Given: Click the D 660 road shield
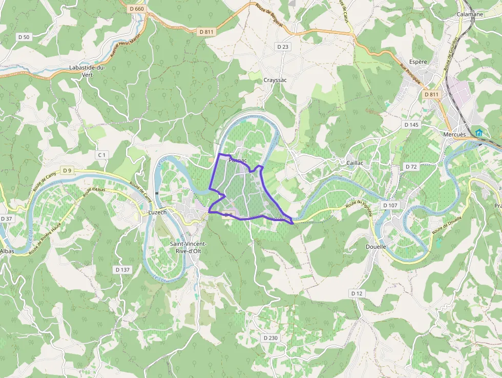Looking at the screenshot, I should click(137, 9).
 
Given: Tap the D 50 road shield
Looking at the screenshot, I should click(24, 37).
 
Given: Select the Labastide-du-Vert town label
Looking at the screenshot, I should click(87, 71).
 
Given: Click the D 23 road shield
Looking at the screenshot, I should click(283, 47).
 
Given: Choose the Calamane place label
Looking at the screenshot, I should click(470, 14).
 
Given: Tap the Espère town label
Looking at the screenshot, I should click(418, 62).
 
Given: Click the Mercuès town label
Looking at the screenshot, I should click(454, 134).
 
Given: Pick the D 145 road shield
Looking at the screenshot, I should click(411, 125).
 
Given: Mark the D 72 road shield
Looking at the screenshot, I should click(411, 167).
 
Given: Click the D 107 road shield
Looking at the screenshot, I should click(390, 205).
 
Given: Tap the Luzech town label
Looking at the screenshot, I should click(157, 212).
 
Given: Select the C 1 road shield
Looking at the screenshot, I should click(102, 154).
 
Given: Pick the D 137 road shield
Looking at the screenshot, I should click(123, 269).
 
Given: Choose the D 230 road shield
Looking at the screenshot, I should click(270, 338).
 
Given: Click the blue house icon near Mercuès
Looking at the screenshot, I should click(479, 133).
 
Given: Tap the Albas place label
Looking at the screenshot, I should click(7, 251).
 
